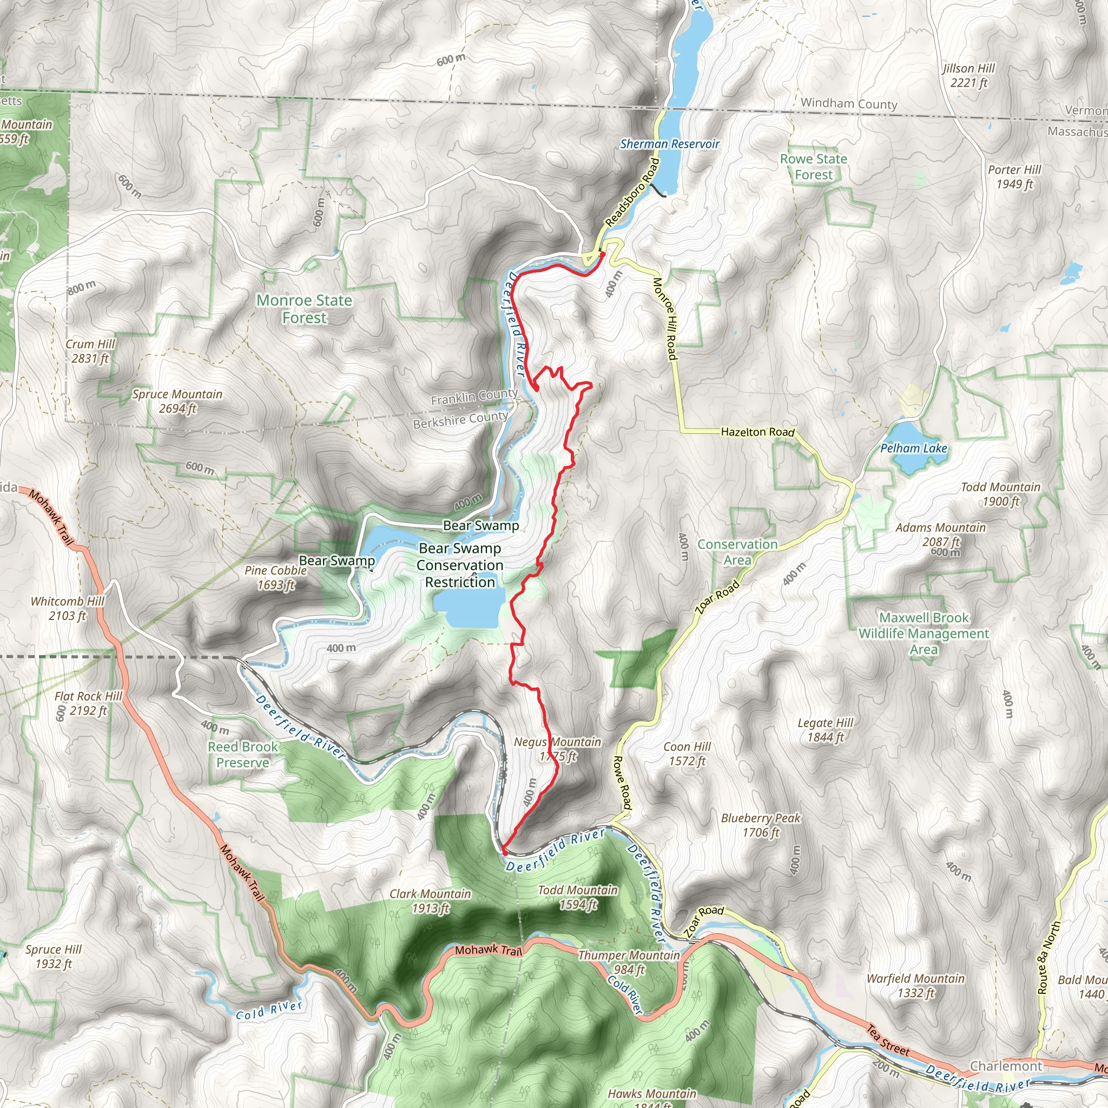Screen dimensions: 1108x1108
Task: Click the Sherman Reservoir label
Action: (x=669, y=144)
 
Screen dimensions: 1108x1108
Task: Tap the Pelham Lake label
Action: (x=914, y=449)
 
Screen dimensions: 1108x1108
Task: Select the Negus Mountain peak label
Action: (x=557, y=749)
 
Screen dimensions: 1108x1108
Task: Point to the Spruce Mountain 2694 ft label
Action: (x=177, y=401)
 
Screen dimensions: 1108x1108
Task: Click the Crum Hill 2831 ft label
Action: (x=90, y=351)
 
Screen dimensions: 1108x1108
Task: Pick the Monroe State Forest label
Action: (x=304, y=308)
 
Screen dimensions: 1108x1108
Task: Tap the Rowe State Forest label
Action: (x=813, y=167)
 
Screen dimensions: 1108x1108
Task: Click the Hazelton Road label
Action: (x=757, y=432)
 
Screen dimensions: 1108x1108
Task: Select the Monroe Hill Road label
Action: (x=665, y=319)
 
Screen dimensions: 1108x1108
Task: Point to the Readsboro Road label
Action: (x=632, y=192)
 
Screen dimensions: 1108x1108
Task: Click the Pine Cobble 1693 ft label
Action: (x=275, y=577)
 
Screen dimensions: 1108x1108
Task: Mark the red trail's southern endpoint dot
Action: (x=505, y=852)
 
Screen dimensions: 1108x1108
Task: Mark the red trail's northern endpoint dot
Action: (x=602, y=254)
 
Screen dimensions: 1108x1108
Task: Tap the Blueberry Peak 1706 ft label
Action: (x=761, y=825)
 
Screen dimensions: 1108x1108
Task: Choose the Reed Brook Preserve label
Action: (x=242, y=754)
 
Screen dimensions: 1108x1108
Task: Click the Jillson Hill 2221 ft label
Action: (x=968, y=75)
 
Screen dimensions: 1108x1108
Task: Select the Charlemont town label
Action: (x=1005, y=1066)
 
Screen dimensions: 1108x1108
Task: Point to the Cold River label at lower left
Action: (x=268, y=1010)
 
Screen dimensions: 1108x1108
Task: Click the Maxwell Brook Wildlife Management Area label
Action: (x=924, y=633)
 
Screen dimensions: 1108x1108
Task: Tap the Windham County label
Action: (x=849, y=104)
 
